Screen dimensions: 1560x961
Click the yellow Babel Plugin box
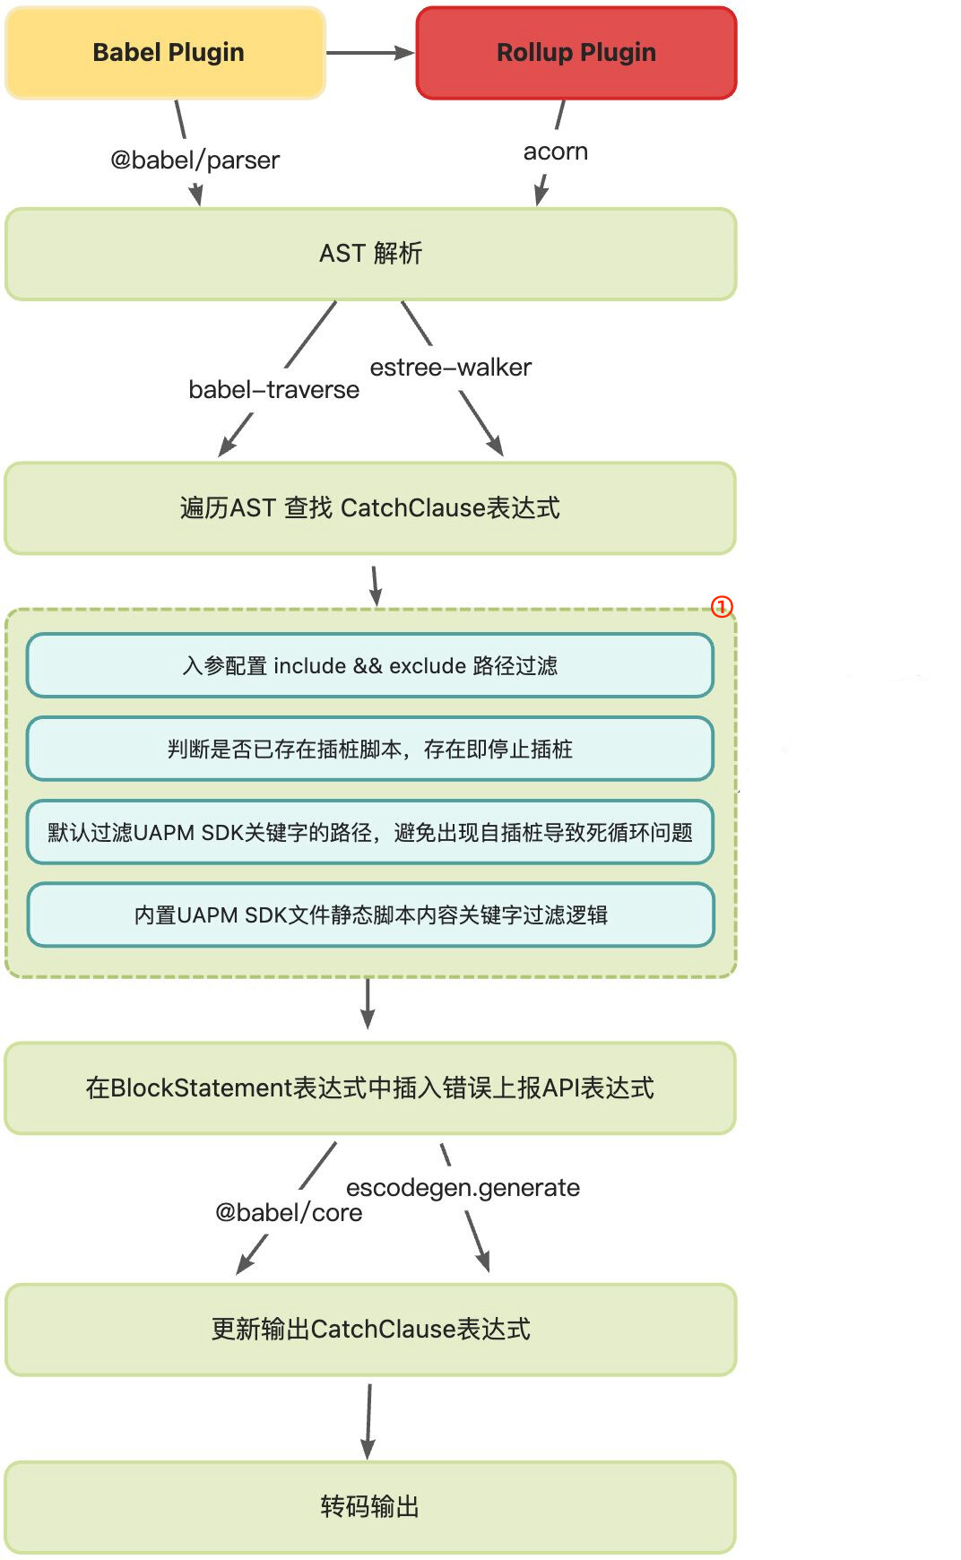[x=166, y=53]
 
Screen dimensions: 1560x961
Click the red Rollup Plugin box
[x=576, y=53]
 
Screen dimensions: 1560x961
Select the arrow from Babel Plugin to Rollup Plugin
[x=369, y=53]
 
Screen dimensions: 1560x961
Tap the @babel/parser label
[x=195, y=160]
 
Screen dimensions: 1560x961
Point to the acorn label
[x=555, y=152]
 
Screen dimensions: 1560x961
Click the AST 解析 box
[x=370, y=254]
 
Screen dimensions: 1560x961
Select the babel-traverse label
[x=273, y=390]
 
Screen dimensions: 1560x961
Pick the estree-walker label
[x=450, y=368]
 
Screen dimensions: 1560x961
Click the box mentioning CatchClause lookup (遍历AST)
[x=370, y=508]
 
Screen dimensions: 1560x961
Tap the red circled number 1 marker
[x=722, y=607]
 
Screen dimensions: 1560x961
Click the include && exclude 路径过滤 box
[x=370, y=665]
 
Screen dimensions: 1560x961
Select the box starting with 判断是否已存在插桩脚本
[x=370, y=749]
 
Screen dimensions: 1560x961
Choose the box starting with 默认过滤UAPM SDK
[x=370, y=832]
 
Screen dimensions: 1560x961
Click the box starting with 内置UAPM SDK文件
[x=370, y=914]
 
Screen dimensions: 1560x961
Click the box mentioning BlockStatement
[x=370, y=1088]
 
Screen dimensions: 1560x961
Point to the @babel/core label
[x=289, y=1213]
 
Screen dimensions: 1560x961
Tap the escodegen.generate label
[x=463, y=1188]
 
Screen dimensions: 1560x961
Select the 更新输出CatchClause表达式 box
[x=370, y=1330]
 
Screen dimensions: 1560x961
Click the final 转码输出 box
[x=370, y=1507]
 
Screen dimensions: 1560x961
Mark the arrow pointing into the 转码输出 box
[x=368, y=1421]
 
